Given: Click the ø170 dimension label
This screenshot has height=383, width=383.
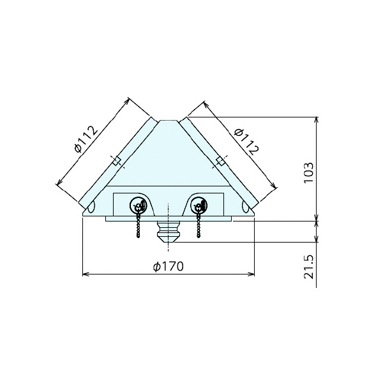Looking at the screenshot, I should tap(169, 267).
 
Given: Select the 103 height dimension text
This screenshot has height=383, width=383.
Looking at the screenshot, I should tap(308, 172).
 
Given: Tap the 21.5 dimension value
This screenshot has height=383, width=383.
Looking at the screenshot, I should tap(308, 267).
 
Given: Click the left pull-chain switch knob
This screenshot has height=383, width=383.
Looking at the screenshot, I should tap(139, 206).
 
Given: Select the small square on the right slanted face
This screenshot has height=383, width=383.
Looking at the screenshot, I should tap(220, 161).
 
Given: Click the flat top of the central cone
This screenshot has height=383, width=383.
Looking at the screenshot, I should tap(169, 120).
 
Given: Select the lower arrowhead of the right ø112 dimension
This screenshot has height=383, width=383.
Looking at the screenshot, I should tap(276, 186).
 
